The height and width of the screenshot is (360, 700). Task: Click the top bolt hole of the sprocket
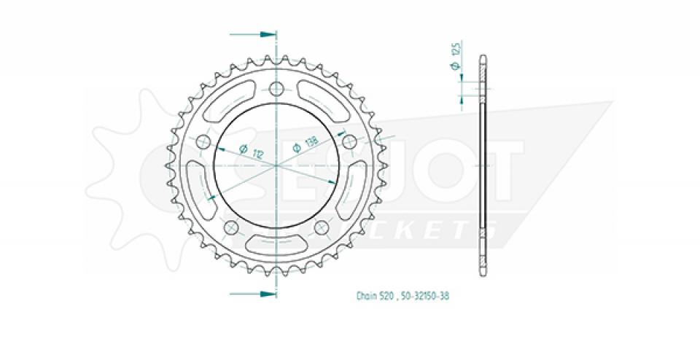click(276, 90)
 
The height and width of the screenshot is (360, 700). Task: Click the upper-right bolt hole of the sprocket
click(349, 141)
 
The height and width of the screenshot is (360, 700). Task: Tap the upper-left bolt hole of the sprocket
click(203, 141)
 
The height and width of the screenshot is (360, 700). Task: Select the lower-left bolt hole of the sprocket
click(231, 227)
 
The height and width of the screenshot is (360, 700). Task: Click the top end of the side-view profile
click(482, 58)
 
